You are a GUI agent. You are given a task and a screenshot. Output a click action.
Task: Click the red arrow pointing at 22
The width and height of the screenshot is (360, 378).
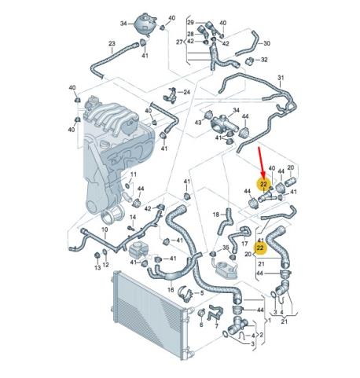pos(261,162)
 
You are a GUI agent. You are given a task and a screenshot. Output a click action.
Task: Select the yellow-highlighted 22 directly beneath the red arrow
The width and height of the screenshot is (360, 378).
pos(263,185)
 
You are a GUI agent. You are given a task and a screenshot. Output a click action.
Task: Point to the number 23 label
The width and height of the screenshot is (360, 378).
pos(112,43)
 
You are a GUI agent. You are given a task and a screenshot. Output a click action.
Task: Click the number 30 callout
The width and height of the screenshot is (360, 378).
pos(266,43)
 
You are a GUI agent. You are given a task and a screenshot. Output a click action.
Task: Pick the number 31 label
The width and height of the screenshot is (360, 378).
pos(281,78)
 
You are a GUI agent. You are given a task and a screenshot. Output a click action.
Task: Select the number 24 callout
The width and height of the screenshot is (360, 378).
pos(186,92)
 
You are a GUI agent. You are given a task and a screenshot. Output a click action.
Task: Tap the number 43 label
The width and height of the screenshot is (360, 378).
pos(198,123)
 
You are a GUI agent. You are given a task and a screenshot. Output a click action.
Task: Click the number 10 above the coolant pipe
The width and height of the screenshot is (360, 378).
pos(105,229)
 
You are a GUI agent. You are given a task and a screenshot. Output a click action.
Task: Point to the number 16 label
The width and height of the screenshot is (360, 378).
pos(171,290)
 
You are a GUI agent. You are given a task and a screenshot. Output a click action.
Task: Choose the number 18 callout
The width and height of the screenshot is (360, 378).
pos(215,215)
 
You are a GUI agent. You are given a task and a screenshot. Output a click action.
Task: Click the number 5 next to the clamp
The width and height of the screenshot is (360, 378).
pos(202,293)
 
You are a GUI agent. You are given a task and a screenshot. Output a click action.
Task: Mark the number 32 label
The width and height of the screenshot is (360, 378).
pos(264,60)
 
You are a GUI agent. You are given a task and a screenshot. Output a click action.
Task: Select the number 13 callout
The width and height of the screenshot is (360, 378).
pos(97,267)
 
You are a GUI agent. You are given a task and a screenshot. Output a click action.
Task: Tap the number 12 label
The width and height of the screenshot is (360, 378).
pos(105,265)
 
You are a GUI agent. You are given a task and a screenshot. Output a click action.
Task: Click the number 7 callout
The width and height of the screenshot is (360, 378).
pos(216,326)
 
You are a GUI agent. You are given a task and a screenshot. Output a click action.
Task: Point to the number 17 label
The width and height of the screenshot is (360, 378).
pos(244,244)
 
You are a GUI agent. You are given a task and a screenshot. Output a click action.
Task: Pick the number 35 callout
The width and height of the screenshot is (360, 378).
pos(226,247)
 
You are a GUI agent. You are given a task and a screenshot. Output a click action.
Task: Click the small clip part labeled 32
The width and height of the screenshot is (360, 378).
pos(250,61)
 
